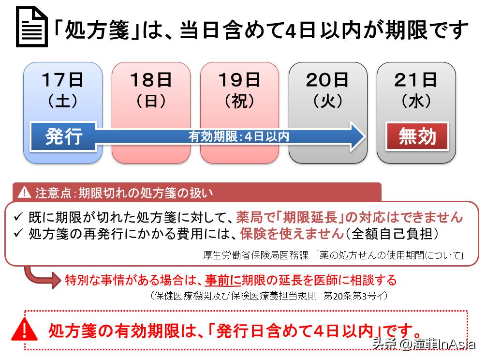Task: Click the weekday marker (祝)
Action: pyautogui.click(x=239, y=101)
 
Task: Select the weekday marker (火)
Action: pyautogui.click(x=328, y=101)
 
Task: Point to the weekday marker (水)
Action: pyautogui.click(x=416, y=101)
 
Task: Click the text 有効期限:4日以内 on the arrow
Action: pyautogui.click(x=239, y=136)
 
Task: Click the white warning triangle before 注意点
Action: pyautogui.click(x=24, y=193)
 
